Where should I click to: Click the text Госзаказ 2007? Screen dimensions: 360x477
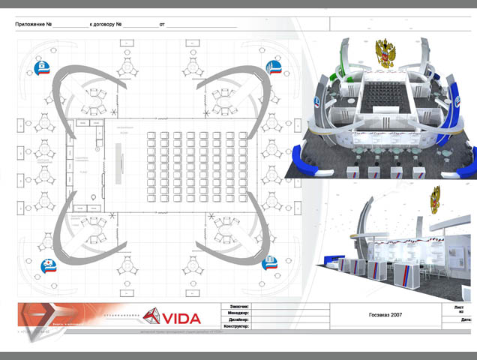click(386, 315)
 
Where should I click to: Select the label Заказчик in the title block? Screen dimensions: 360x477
click(237, 307)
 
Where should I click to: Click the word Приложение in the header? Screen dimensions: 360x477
click(33, 25)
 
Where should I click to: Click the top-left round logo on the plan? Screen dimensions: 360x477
click(43, 69)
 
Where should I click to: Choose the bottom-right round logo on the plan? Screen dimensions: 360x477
click(268, 261)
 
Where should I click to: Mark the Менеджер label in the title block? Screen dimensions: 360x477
click(237, 313)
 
